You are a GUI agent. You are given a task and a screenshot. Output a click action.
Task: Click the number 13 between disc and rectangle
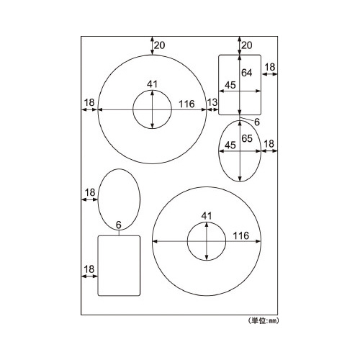tap(212, 102)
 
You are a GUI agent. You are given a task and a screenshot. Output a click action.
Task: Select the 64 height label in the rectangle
tap(247, 73)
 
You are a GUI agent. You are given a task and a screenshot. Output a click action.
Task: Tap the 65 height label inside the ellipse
tap(247, 138)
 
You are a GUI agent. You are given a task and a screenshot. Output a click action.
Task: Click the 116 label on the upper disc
tap(186, 104)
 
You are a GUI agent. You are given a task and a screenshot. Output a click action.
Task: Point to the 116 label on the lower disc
tap(241, 235)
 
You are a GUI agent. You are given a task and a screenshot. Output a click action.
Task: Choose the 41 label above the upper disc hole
tap(153, 84)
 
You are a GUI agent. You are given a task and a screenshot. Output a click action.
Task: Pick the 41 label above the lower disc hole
tap(207, 216)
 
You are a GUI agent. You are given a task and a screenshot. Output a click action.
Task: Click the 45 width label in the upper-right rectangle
tap(230, 85)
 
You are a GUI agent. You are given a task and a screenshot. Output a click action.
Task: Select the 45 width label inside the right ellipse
tap(230, 145)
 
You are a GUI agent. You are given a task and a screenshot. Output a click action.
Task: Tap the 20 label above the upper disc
tap(160, 45)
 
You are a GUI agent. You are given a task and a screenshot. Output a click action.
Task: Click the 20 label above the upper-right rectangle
tap(247, 45)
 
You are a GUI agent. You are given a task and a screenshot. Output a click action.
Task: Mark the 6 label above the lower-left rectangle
tap(119, 225)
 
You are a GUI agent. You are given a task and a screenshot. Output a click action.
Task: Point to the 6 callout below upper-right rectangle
tap(257, 122)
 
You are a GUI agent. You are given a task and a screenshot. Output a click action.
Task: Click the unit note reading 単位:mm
tap(263, 320)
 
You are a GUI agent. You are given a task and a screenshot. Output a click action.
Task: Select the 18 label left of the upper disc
tap(89, 102)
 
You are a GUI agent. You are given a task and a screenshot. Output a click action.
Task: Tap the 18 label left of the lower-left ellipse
tap(90, 192)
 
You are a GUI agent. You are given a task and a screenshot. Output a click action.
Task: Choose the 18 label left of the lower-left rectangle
tap(89, 269)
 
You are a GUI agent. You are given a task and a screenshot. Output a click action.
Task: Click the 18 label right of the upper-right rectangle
tap(270, 67)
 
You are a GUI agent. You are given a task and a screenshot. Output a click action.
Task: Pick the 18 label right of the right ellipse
tap(269, 144)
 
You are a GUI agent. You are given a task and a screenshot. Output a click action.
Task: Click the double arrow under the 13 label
tap(212, 109)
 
